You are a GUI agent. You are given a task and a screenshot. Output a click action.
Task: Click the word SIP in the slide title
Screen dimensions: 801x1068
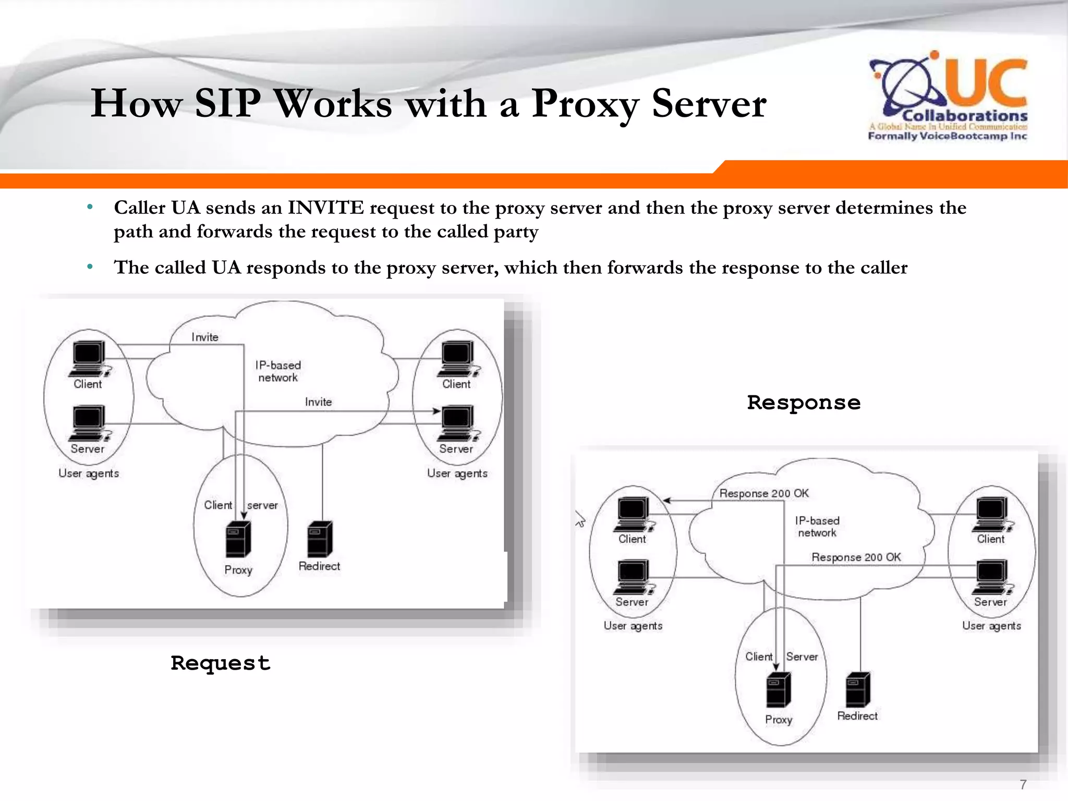point(227,103)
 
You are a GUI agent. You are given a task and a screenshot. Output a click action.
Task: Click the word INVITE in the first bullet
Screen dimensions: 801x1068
point(325,208)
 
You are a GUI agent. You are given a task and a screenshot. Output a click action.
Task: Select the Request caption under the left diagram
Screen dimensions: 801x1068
point(220,663)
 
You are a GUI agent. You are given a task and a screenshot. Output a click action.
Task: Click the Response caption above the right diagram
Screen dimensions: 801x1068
point(804,403)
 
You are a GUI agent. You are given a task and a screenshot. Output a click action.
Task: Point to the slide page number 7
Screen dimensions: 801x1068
point(1023,784)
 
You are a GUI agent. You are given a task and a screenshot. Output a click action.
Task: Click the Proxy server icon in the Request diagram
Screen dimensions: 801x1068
point(238,539)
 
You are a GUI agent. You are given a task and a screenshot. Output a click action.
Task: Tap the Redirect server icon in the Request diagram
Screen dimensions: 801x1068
point(320,539)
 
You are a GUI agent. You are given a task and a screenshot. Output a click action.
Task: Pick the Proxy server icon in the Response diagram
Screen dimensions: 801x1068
point(779,690)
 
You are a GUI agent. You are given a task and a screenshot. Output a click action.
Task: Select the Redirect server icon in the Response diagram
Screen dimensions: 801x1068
point(858,689)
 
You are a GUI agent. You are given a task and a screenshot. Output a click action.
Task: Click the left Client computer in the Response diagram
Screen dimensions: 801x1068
point(633,514)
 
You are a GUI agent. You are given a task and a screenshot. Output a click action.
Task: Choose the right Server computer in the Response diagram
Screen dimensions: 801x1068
point(992,576)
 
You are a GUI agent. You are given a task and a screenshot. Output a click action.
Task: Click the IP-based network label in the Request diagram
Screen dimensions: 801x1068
point(278,371)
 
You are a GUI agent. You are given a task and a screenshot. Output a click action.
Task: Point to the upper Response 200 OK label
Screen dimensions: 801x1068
point(764,493)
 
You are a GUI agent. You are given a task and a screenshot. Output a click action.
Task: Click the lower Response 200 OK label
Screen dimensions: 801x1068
point(856,557)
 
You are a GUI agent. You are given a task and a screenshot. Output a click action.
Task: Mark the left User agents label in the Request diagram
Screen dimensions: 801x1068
point(89,474)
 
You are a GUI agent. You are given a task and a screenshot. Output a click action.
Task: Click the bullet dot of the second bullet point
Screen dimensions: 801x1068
point(90,267)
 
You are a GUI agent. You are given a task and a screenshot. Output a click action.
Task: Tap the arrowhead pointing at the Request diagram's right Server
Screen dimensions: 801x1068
point(436,411)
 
